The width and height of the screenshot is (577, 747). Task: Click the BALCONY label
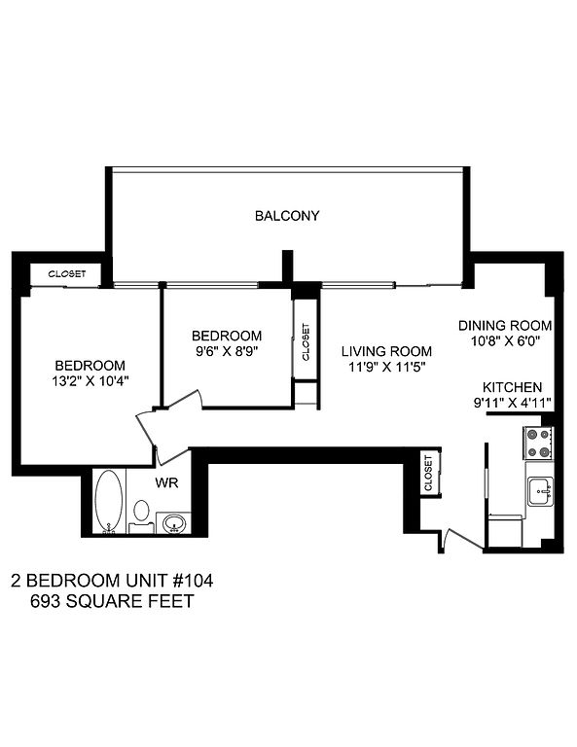click(x=287, y=216)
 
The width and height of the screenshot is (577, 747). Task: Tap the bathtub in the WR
click(x=109, y=501)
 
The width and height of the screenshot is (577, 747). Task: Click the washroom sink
click(x=174, y=523)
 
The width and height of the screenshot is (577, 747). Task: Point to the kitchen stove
click(x=539, y=444)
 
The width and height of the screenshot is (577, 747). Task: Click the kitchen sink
click(x=540, y=491)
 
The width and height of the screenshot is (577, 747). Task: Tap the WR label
click(x=166, y=482)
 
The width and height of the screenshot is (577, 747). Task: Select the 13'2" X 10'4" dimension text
click(x=90, y=381)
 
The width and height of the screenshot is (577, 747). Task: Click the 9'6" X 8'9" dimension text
click(x=227, y=351)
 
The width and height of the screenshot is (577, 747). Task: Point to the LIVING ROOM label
click(x=386, y=351)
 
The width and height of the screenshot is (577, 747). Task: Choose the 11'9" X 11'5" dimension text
click(x=386, y=367)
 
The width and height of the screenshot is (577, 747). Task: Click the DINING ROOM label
click(x=505, y=326)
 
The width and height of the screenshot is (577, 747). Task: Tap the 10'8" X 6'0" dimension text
click(x=505, y=341)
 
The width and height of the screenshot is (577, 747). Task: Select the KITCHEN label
click(x=512, y=387)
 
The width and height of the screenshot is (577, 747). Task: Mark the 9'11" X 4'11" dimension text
click(x=512, y=403)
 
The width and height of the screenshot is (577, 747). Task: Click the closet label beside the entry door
click(x=428, y=473)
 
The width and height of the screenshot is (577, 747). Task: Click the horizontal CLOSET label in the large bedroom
click(x=67, y=274)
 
